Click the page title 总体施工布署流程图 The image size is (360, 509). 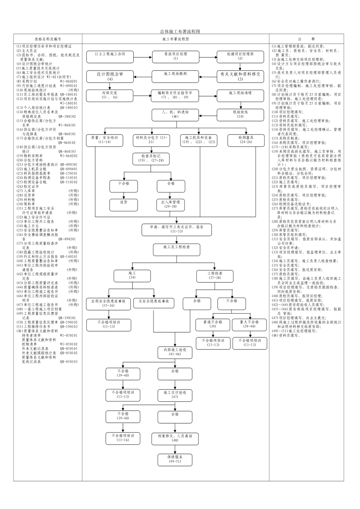[x=180, y=31]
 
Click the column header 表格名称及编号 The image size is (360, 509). [x=48, y=39]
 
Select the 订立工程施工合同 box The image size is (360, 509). [x=110, y=56]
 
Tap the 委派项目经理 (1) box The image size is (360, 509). [x=175, y=56]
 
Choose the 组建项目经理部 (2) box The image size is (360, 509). [x=240, y=56]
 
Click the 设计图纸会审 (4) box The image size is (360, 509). [x=110, y=77]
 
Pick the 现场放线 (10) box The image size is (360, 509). [x=240, y=114]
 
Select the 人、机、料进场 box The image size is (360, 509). [x=175, y=114]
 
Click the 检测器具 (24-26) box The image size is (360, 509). [x=246, y=140]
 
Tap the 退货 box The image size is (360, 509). [x=124, y=205]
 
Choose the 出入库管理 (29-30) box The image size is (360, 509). [x=171, y=205]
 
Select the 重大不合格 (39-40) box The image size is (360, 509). [x=250, y=324]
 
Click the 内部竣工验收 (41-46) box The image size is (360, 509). [x=175, y=352]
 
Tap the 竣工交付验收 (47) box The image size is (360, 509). [x=175, y=395]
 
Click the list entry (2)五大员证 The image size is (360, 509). [x=27, y=50]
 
